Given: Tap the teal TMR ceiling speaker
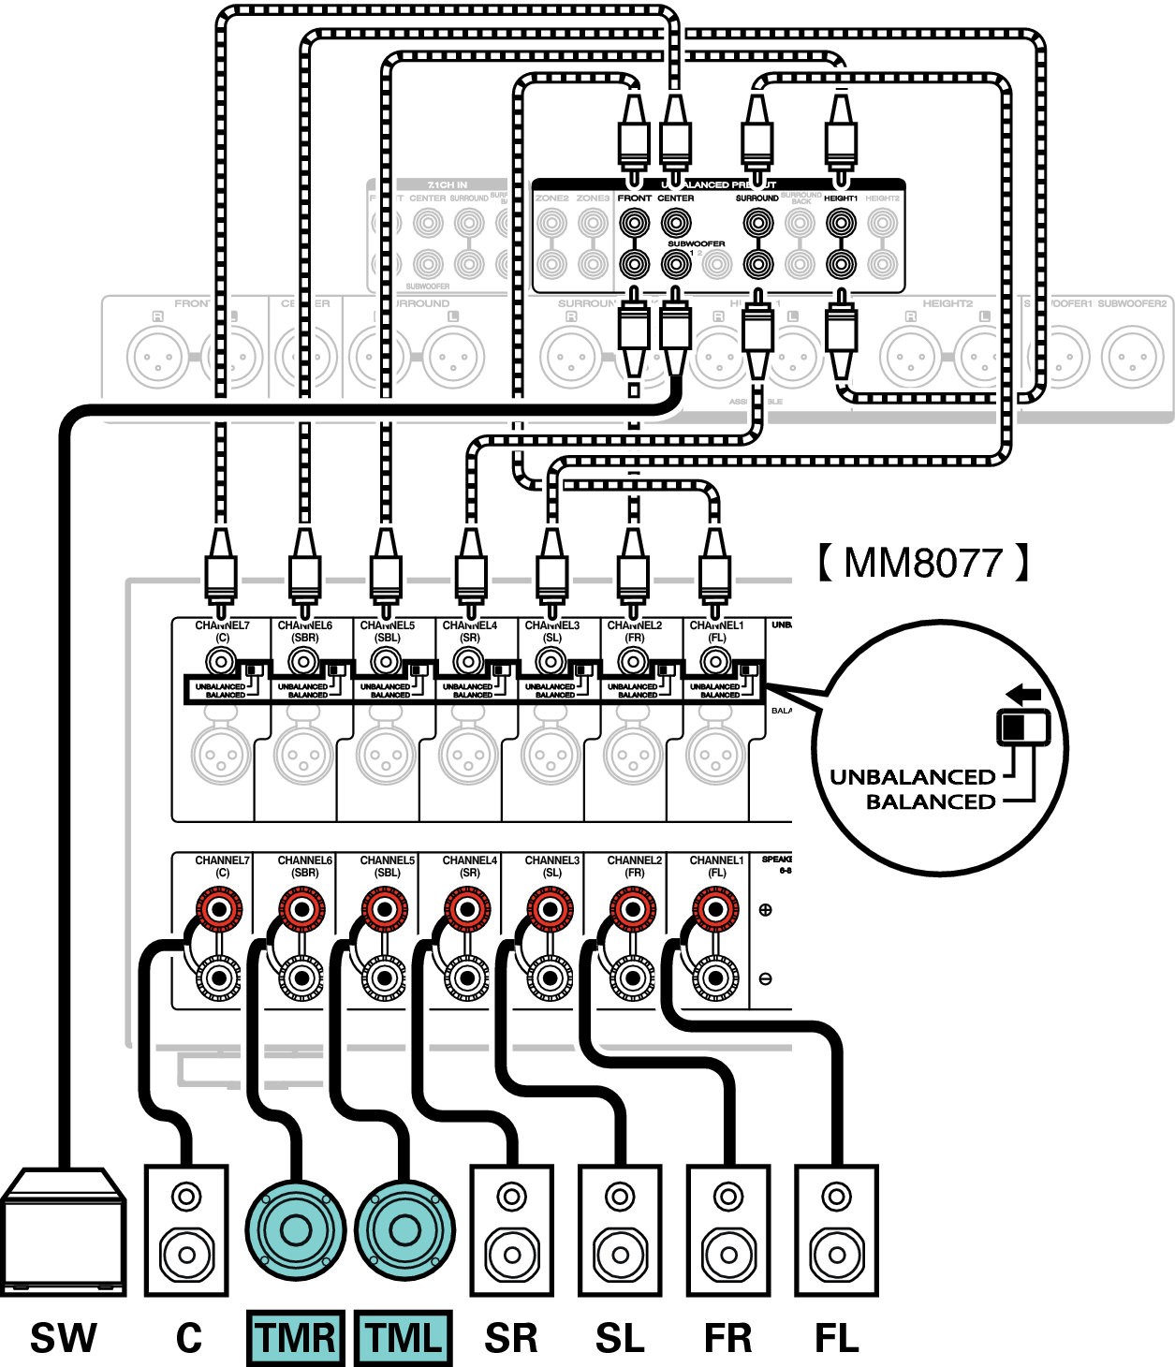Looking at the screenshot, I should pyautogui.click(x=295, y=1230).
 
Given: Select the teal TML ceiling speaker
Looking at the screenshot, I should pyautogui.click(x=404, y=1230).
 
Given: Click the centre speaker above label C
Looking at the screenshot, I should pyautogui.click(x=185, y=1230).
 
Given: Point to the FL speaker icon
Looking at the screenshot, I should pyautogui.click(x=836, y=1230).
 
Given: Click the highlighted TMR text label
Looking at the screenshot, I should pyautogui.click(x=296, y=1337).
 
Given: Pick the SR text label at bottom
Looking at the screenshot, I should pyautogui.click(x=511, y=1337).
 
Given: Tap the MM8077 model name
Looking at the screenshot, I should pyautogui.click(x=923, y=563).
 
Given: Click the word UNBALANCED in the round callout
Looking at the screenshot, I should pyautogui.click(x=913, y=777).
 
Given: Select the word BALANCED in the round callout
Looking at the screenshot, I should pyautogui.click(x=931, y=801).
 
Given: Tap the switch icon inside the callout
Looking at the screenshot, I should pyautogui.click(x=1022, y=727).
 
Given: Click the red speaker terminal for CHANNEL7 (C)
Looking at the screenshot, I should pyautogui.click(x=219, y=909).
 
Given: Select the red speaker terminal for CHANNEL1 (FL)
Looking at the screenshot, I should pyautogui.click(x=714, y=909).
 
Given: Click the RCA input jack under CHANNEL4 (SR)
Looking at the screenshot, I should pyautogui.click(x=469, y=663).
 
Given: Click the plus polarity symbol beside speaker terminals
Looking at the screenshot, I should pyautogui.click(x=765, y=909).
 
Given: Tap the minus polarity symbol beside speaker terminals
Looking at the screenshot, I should pyautogui.click(x=765, y=978).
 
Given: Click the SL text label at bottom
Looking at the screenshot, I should pyautogui.click(x=620, y=1337).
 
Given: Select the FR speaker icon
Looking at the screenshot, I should pyautogui.click(x=728, y=1230).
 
